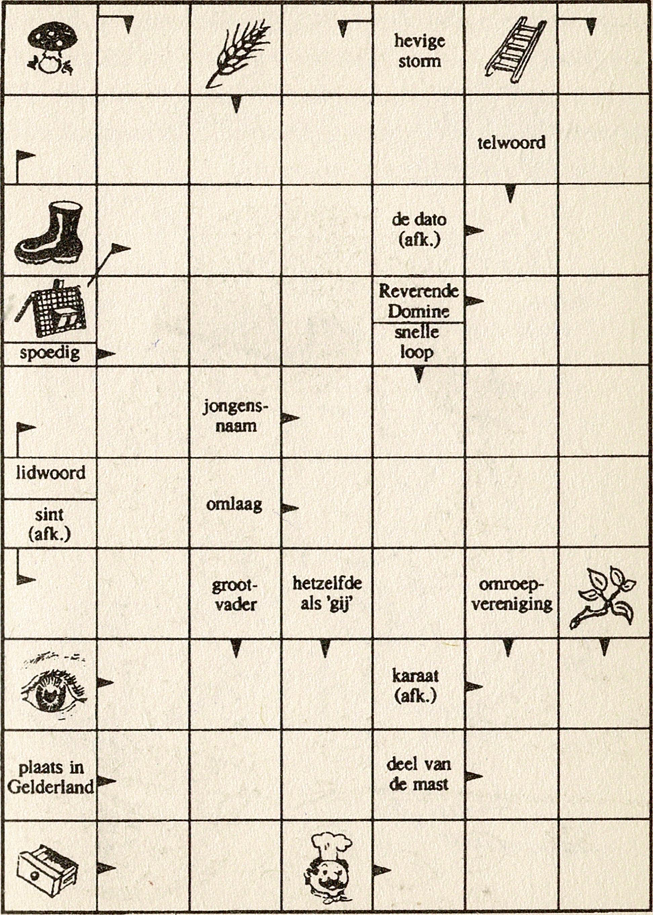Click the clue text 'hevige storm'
pyautogui.click(x=419, y=51)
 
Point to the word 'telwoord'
pyautogui.click(x=512, y=143)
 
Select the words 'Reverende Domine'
pyautogui.click(x=419, y=301)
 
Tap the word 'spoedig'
pyautogui.click(x=50, y=353)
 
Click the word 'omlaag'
pyautogui.click(x=234, y=505)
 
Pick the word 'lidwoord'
pyautogui.click(x=51, y=472)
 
